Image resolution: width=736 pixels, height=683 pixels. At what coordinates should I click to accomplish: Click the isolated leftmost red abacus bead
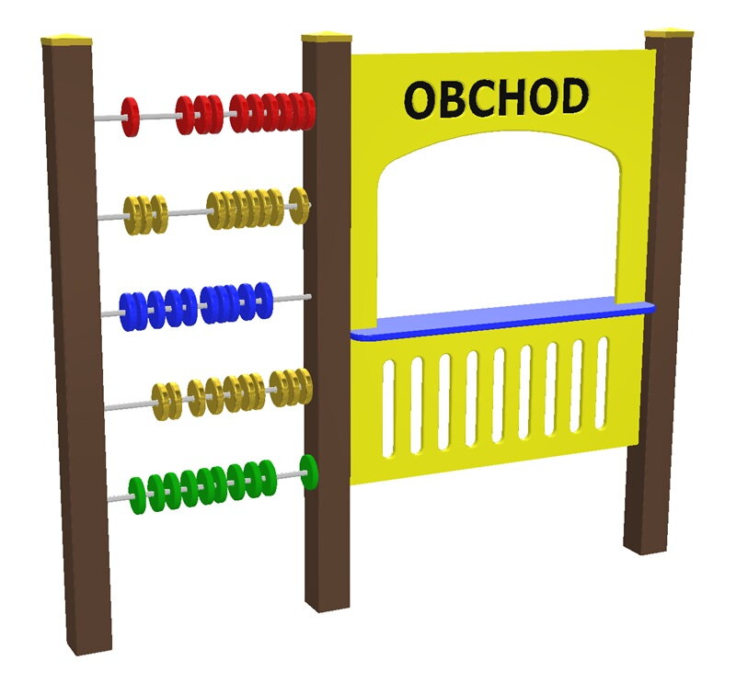[130, 117]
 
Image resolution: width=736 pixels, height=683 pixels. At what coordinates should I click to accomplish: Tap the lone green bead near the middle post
[309, 472]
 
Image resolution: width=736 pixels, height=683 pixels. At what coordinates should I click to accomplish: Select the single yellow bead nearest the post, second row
[299, 206]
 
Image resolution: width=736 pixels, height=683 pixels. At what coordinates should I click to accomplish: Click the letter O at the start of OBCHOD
[421, 100]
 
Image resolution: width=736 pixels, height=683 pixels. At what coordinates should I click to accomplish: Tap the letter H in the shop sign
[507, 97]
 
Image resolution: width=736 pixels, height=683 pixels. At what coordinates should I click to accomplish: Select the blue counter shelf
[502, 317]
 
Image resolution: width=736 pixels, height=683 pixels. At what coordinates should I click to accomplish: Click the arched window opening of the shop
[499, 225]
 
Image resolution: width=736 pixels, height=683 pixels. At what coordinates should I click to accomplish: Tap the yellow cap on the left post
[66, 39]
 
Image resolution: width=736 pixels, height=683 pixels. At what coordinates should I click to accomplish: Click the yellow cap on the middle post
[327, 38]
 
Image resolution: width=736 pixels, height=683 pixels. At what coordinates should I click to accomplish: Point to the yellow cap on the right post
[669, 34]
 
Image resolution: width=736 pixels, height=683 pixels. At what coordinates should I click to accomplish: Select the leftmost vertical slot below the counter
[388, 408]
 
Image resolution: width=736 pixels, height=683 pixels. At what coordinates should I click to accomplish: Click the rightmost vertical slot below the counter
[602, 383]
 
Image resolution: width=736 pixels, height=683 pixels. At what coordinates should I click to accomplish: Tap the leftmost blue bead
[127, 312]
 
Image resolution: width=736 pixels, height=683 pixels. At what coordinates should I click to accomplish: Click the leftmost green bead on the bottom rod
[136, 495]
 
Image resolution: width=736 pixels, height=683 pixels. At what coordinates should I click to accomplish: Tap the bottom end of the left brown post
[89, 650]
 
